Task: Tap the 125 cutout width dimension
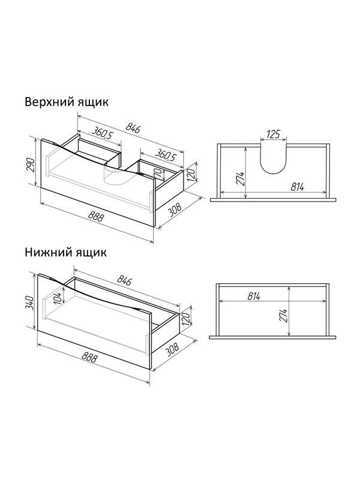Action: pos(274,134)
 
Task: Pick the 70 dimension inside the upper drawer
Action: pos(159,173)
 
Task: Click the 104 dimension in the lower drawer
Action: pos(58,298)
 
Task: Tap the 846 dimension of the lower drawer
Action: pos(124,280)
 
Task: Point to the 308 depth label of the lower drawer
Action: pos(173,350)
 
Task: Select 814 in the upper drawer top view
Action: pos(297,187)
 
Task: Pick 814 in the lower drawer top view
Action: pos(254,296)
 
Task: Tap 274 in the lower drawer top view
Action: pos(283,316)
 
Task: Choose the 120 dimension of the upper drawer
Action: pos(191,175)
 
